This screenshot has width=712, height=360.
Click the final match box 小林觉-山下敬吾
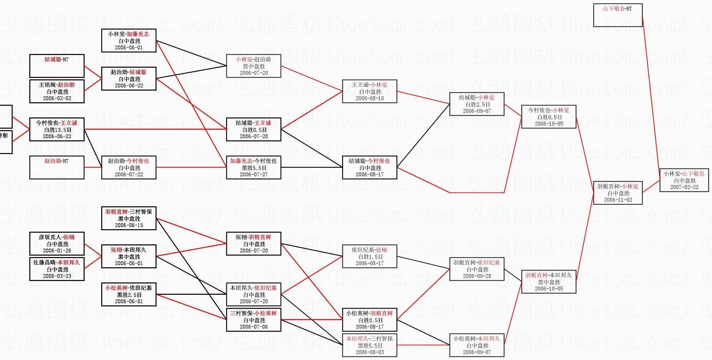684,180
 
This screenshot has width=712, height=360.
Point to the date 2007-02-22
684,187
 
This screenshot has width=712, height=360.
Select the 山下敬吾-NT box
617,15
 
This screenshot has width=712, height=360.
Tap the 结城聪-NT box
57,66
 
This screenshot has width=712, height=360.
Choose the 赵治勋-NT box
57,167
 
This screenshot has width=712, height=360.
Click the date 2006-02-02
57,98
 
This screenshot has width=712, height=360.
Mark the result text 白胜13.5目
57,130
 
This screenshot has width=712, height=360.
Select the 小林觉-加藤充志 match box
129,41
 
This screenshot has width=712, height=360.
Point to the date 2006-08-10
370,98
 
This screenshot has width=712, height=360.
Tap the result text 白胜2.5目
477,104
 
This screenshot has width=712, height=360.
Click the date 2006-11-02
618,200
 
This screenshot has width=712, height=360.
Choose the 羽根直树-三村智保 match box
129,218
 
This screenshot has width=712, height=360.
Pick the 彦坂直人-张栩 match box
57,244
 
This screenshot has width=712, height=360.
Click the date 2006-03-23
57,276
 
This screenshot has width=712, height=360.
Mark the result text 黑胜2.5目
129,295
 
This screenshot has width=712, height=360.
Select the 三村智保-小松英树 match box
254,320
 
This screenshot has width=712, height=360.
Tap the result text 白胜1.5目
370,257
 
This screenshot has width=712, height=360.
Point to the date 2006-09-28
477,276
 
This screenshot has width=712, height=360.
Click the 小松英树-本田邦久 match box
477,345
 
